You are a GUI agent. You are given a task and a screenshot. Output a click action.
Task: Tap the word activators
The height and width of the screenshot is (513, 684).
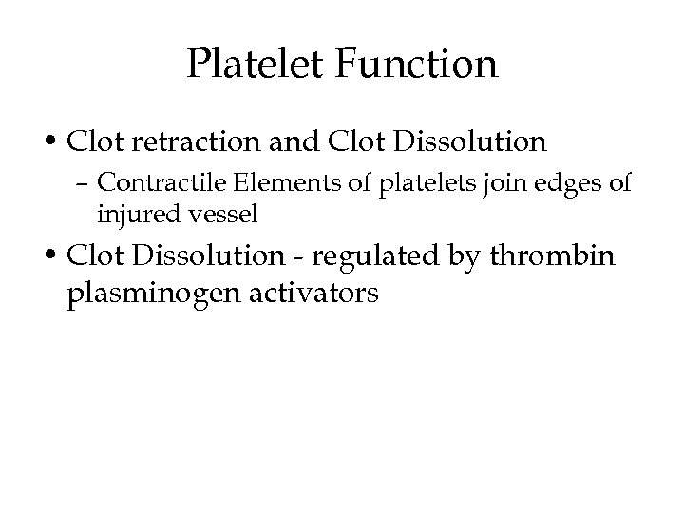click(x=311, y=294)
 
